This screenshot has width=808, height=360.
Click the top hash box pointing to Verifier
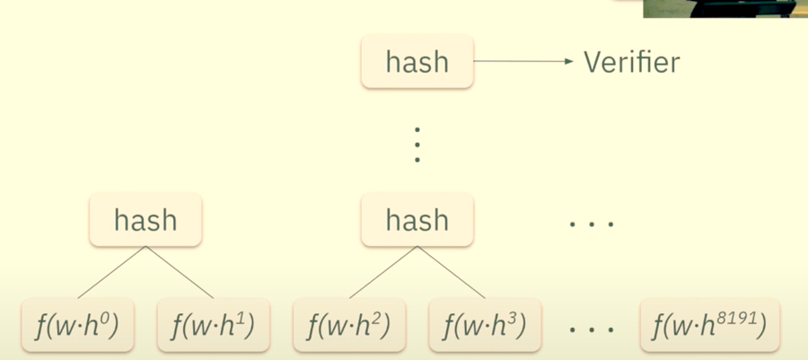click(417, 61)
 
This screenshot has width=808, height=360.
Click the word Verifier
click(632, 62)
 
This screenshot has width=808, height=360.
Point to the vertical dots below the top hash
click(417, 144)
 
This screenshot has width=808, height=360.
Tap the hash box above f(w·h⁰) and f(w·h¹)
click(145, 219)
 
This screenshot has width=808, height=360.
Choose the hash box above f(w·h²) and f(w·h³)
click(417, 219)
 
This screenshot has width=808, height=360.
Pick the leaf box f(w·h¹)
click(213, 326)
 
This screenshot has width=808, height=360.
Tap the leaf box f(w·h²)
click(348, 326)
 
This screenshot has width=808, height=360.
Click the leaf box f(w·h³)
click(485, 326)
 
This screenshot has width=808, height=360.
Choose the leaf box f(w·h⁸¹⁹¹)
click(709, 326)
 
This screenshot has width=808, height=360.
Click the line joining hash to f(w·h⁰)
click(112, 272)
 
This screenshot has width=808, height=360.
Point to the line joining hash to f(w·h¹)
click(180, 272)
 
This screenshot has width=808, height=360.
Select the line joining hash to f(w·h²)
click(383, 272)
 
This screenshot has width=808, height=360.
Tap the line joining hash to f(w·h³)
click(451, 272)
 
